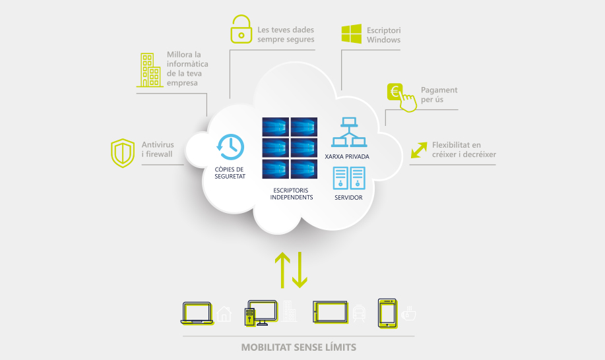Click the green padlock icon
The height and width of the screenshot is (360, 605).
(x=241, y=30)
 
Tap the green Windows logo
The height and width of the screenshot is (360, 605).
(x=351, y=34)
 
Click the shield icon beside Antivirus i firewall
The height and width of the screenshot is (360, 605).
(x=122, y=152)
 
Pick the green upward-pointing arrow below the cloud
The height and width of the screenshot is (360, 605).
(x=282, y=268)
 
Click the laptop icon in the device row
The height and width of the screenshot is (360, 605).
(x=197, y=313)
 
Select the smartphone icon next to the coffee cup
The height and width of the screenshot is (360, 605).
(x=387, y=313)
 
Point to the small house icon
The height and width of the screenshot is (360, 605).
(x=224, y=314)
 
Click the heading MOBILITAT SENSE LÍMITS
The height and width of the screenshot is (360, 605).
(x=299, y=347)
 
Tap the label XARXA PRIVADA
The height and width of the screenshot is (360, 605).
(x=347, y=157)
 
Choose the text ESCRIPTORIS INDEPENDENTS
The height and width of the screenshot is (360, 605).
(x=291, y=194)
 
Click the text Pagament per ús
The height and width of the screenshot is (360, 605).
(x=439, y=94)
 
